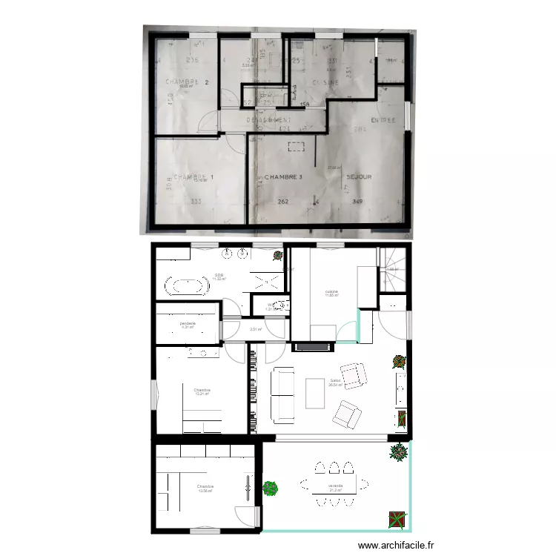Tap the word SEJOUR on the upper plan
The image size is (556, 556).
point(359,177)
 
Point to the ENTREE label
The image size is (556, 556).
point(383,120)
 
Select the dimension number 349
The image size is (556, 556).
point(357,201)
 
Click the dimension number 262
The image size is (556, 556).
point(283,201)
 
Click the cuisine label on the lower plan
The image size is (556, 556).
point(331,292)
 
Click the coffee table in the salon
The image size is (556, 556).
point(315,393)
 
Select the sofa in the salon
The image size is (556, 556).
point(282,393)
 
